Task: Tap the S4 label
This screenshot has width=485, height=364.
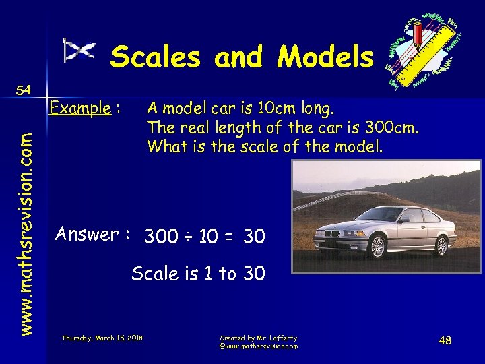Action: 24,90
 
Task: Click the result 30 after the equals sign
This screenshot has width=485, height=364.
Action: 254,237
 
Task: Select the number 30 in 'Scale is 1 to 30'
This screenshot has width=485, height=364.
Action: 253,274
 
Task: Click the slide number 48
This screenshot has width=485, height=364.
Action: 445,340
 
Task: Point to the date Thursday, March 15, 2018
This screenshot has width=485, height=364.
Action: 102,337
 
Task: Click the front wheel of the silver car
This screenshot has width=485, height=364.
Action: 378,247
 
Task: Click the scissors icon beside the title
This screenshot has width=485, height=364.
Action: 79,51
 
